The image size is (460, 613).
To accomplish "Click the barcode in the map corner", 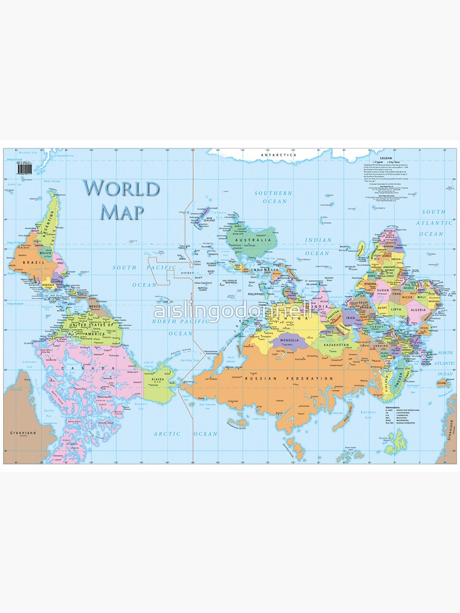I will coord(24,167).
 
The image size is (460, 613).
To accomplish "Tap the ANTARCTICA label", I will coord(278,155).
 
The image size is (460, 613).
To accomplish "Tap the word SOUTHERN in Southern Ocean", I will coord(274,193).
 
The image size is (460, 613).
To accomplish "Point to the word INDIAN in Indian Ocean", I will coord(318,240).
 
